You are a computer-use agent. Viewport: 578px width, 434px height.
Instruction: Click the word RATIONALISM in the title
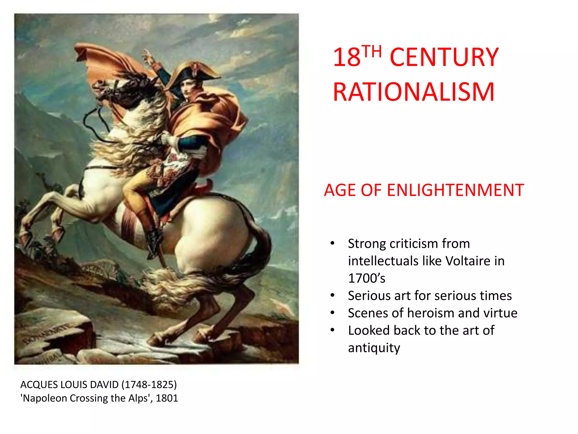pos(413,92)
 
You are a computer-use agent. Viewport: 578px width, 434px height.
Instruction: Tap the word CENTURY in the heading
pos(444,57)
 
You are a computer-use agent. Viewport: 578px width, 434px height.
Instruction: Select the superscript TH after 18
pos(372,51)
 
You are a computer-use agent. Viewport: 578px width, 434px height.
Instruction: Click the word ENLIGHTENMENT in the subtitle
pos(455,190)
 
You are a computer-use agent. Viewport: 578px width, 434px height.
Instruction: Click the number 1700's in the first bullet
pos(366,278)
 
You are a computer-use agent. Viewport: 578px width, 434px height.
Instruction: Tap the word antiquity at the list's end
pos(374,348)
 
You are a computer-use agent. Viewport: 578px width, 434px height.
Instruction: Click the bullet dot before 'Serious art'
pos(332,296)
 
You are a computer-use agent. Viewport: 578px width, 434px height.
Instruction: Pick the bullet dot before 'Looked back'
pos(332,330)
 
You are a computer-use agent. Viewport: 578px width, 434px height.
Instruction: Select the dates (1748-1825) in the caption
pos(149,385)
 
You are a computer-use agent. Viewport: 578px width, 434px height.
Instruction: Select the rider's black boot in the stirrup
pos(154,240)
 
